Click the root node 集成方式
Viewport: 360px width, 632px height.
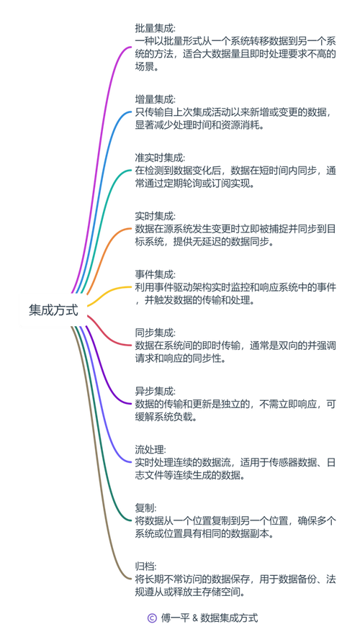pos(53,310)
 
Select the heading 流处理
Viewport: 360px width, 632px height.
pos(150,450)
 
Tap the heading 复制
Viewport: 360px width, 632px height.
pos(145,508)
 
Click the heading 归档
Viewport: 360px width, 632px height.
pos(145,566)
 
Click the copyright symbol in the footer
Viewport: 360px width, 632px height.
pos(152,618)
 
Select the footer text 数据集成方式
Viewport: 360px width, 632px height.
pos(230,618)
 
